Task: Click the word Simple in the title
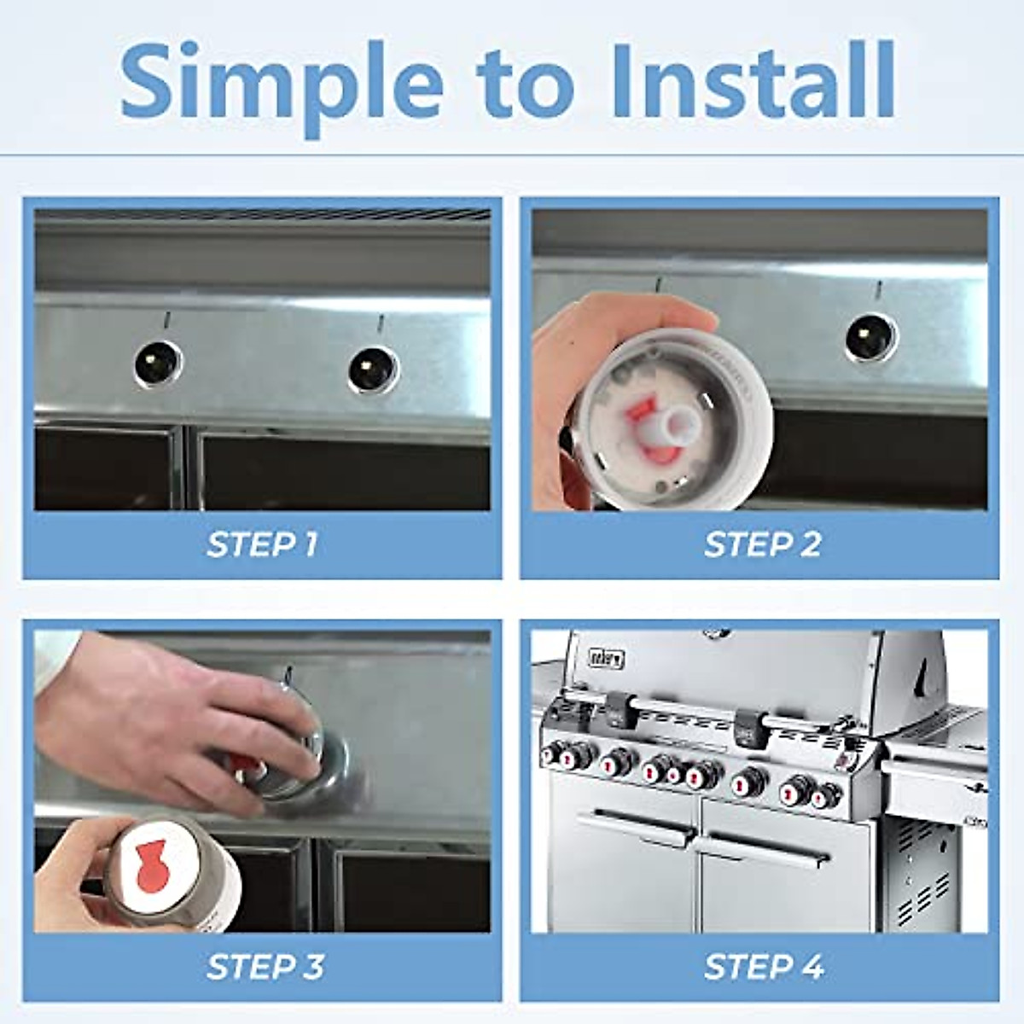coord(282,81)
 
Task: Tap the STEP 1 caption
coord(262,544)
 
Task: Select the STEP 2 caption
coord(762,544)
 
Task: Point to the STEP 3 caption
coord(265,967)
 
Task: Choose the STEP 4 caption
coord(764,967)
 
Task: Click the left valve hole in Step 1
coord(158,364)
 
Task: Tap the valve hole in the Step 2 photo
coord(871,337)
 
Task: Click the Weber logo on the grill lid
coord(607,658)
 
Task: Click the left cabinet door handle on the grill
coord(636,827)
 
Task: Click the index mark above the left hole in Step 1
coord(167,320)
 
